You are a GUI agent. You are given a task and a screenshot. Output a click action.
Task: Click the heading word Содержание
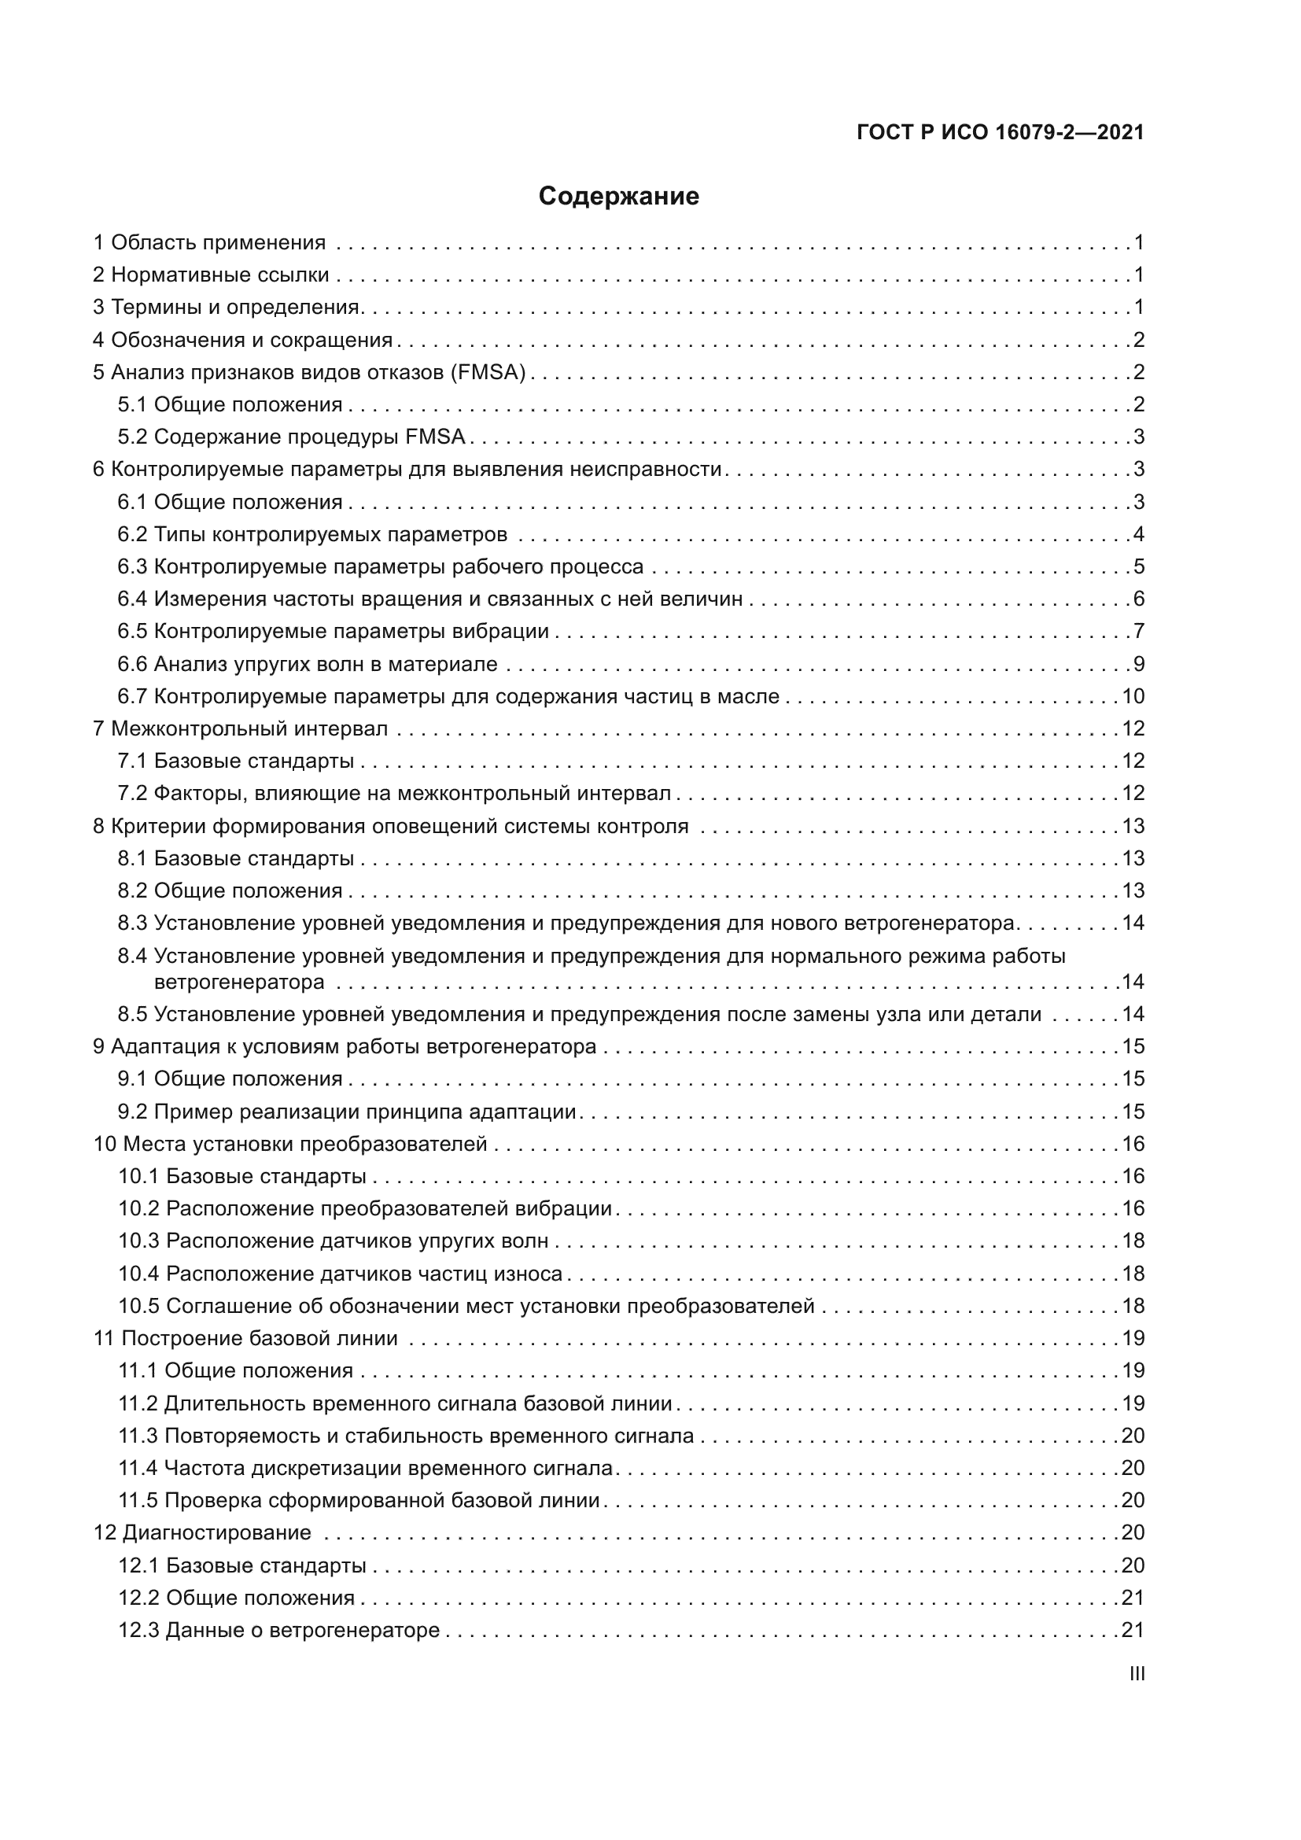(x=618, y=197)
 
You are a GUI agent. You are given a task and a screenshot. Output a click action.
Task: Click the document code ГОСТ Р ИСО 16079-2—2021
(x=1000, y=132)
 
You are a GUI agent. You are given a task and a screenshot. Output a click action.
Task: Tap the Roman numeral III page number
(x=1137, y=1674)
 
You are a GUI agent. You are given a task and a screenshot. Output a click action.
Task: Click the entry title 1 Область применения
(x=210, y=243)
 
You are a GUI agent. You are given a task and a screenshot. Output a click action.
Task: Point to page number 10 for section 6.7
(x=1133, y=696)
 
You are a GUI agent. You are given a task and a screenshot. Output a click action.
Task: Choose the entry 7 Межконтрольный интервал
(x=241, y=728)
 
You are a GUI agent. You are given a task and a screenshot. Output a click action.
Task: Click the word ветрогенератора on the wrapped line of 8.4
(x=239, y=982)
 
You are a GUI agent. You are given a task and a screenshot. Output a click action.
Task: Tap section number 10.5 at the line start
(x=138, y=1307)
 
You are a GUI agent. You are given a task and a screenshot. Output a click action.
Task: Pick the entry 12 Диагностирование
(x=203, y=1532)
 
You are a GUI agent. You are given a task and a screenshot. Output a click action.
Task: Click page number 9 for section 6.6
(x=1138, y=665)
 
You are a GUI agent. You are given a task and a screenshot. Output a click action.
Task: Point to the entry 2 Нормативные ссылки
(x=212, y=275)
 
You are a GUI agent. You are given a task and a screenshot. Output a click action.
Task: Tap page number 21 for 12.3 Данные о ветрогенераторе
(x=1133, y=1630)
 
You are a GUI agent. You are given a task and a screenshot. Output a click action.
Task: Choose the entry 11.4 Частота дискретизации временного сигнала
(x=366, y=1468)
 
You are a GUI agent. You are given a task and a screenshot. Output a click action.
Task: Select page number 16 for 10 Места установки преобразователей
(x=1133, y=1144)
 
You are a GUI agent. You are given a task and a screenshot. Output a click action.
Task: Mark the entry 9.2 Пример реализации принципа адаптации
(x=347, y=1112)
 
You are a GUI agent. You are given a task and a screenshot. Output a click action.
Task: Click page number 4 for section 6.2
(x=1138, y=534)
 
